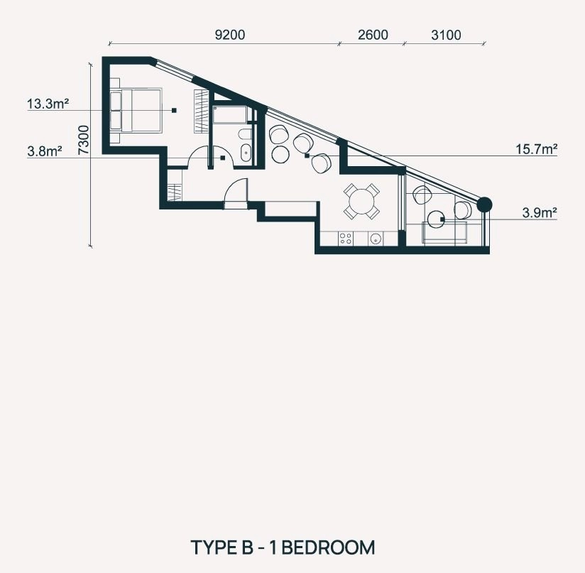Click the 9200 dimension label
[230, 35]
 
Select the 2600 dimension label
[373, 35]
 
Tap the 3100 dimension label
[446, 35]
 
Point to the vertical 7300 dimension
[84, 141]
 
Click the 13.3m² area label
[48, 104]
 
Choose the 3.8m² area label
[45, 151]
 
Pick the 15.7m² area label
[537, 149]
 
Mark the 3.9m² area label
[540, 213]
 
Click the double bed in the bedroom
[136, 110]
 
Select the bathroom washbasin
[246, 153]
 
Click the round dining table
[361, 201]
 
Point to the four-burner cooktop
[346, 239]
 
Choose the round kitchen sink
[375, 239]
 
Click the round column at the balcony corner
[484, 204]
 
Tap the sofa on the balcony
[444, 232]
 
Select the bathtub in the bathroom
[230, 115]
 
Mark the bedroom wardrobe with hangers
[200, 111]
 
